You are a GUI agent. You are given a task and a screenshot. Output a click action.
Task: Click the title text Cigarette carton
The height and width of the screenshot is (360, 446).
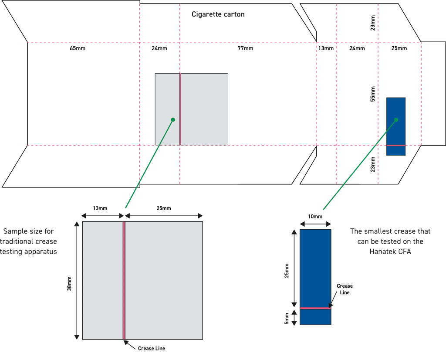[x=218, y=14]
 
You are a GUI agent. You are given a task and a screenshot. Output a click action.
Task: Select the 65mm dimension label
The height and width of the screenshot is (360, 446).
[x=78, y=48]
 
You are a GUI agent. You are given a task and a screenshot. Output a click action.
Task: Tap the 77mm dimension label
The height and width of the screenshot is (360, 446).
[x=245, y=48]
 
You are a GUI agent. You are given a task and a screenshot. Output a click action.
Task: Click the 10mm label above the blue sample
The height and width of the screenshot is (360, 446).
[x=315, y=217]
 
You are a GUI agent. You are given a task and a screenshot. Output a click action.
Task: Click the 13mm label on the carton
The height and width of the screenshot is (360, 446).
[x=326, y=48]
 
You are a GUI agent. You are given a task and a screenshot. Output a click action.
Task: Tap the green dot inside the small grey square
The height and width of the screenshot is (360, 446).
[x=173, y=119]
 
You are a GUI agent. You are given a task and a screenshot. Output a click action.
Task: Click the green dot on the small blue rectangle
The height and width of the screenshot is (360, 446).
[x=396, y=119]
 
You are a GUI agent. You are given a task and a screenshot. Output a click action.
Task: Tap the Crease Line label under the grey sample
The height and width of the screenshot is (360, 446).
[x=151, y=348]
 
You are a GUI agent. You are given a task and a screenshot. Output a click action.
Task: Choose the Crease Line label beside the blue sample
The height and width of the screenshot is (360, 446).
[x=345, y=289]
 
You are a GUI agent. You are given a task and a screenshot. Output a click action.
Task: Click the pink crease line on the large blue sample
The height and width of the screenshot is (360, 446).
[x=315, y=308]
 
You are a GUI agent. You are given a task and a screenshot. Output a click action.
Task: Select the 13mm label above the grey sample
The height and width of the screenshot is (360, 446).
[x=100, y=208]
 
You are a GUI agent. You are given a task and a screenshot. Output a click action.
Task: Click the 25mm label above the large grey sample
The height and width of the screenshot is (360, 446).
[x=163, y=208]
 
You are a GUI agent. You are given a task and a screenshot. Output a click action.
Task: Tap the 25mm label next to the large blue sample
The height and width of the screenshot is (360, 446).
[x=287, y=270]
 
